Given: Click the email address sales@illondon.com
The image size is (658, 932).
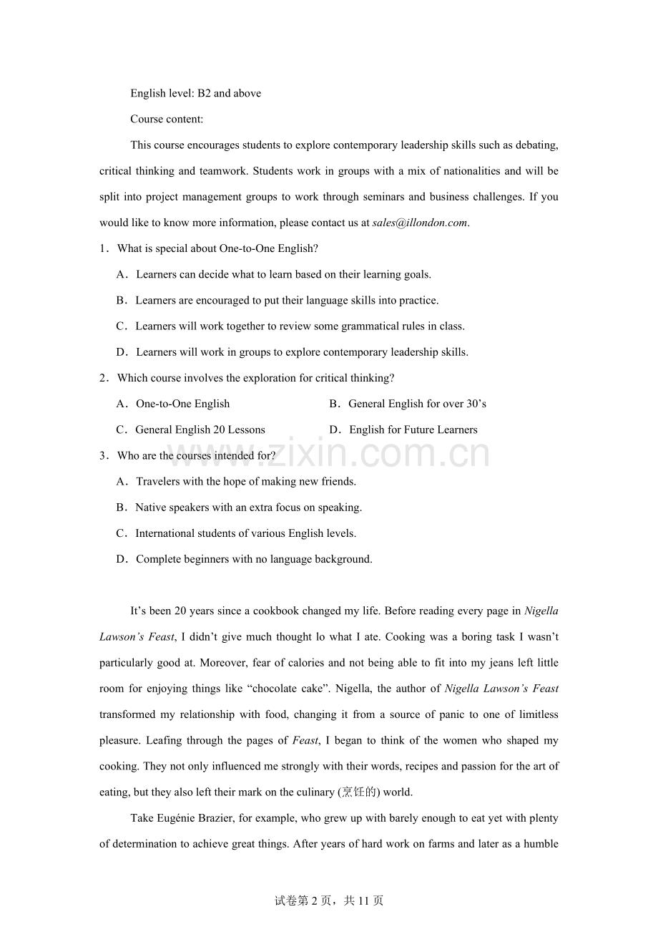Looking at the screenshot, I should tap(420, 223).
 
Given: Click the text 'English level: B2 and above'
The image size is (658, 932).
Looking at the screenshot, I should tap(195, 93).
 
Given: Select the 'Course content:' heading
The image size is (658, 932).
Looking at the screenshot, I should tap(167, 119).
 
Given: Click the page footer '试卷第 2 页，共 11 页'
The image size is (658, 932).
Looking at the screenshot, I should tap(329, 901).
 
